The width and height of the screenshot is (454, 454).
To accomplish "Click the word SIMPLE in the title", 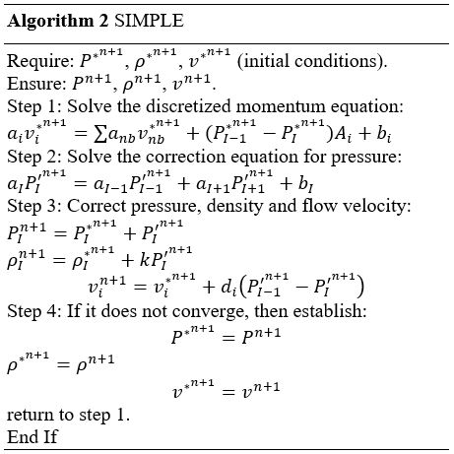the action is (149, 21).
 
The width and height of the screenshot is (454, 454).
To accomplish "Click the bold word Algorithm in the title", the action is (50, 22).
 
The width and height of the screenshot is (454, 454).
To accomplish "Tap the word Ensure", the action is (36, 84).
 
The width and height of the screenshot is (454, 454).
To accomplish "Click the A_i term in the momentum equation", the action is (343, 134).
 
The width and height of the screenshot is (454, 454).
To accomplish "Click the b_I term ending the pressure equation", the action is (306, 184).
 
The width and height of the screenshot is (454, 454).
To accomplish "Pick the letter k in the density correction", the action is (144, 260).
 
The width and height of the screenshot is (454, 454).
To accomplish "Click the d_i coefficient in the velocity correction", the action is (228, 287).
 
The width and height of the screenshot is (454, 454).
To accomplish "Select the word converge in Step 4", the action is (210, 310).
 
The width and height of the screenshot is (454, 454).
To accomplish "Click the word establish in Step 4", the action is (330, 310).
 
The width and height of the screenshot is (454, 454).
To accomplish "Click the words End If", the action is (32, 437).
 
